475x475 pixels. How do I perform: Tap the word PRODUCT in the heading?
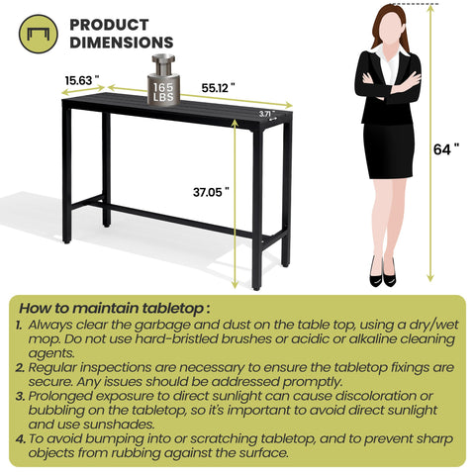click(x=109, y=24)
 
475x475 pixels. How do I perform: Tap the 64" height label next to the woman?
click(x=449, y=149)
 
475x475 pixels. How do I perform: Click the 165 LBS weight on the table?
click(x=162, y=92)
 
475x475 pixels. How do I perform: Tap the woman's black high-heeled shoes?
click(x=382, y=274)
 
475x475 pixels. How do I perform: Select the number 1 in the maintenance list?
click(x=20, y=324)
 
